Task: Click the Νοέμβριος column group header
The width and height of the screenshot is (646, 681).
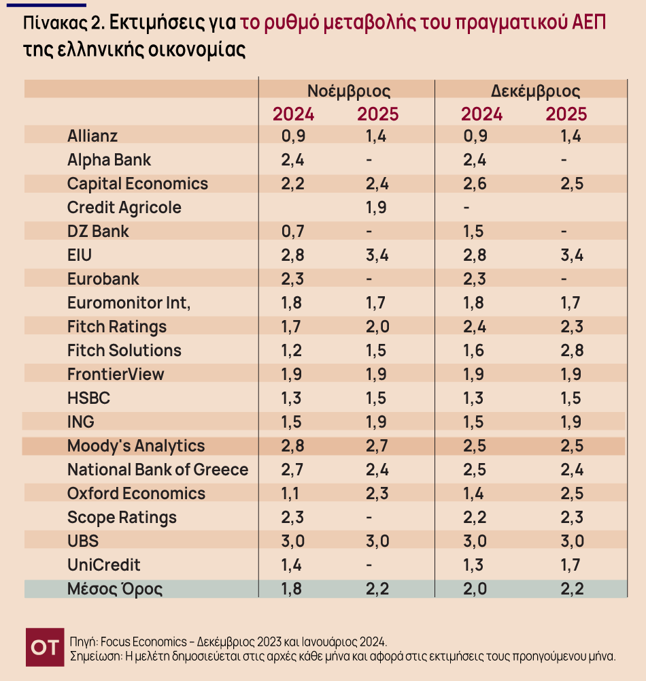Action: point(349,91)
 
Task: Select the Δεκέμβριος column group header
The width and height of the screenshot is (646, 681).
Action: point(535,91)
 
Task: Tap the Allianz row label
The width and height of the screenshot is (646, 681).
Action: point(92,136)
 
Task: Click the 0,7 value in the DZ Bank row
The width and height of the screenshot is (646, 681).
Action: point(294,232)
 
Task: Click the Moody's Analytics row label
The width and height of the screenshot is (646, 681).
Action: point(136,446)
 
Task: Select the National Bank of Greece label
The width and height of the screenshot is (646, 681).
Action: point(158,470)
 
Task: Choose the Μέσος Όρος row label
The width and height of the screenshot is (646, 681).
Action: point(115,588)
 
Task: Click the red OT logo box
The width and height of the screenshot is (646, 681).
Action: point(45,646)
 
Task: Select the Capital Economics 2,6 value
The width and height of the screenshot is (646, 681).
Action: point(475,184)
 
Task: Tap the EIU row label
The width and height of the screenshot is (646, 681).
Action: point(80,255)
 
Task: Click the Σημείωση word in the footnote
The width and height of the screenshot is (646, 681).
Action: point(95,656)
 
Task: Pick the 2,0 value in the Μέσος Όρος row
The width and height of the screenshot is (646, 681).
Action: point(475,589)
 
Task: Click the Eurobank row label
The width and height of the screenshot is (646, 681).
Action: point(103,279)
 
